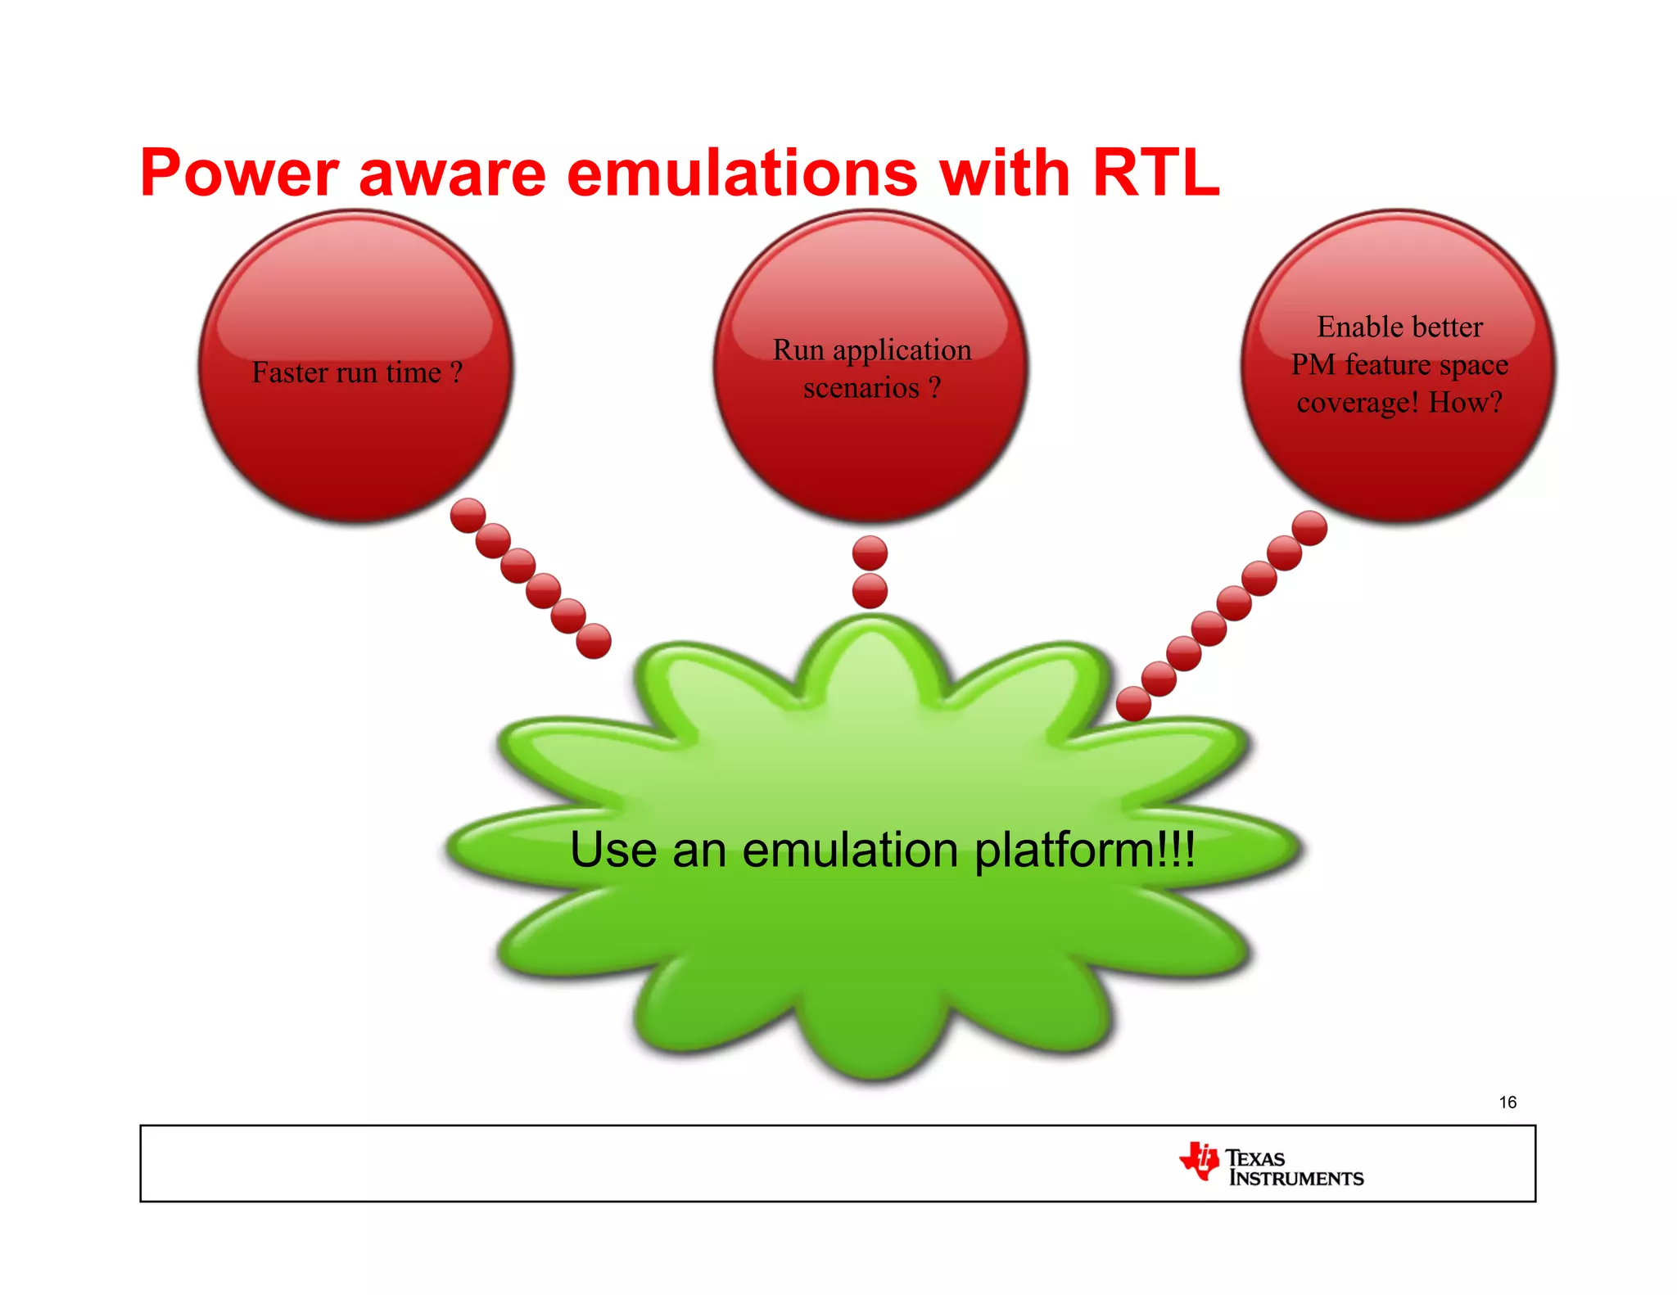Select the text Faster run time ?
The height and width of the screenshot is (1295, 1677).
pyautogui.click(x=357, y=372)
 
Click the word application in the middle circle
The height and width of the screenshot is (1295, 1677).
pyautogui.click(x=902, y=350)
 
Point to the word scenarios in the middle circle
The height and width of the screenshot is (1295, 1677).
pyautogui.click(x=861, y=387)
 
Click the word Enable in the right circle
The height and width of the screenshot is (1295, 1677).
pyautogui.click(x=1363, y=327)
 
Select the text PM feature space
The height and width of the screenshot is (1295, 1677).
pyautogui.click(x=1399, y=364)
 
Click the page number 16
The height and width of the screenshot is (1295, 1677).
pyautogui.click(x=1507, y=1103)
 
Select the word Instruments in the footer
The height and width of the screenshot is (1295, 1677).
pyautogui.click(x=1295, y=1179)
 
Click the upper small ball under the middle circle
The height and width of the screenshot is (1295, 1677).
pyautogui.click(x=870, y=553)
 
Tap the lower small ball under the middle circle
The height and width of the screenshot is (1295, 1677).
pyautogui.click(x=870, y=590)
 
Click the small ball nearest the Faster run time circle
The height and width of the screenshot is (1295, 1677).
pyautogui.click(x=468, y=516)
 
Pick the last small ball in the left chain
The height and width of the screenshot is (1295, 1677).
pyautogui.click(x=594, y=641)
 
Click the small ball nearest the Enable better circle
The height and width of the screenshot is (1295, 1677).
pyautogui.click(x=1309, y=528)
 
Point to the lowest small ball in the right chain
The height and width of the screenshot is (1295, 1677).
pyautogui.click(x=1133, y=704)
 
